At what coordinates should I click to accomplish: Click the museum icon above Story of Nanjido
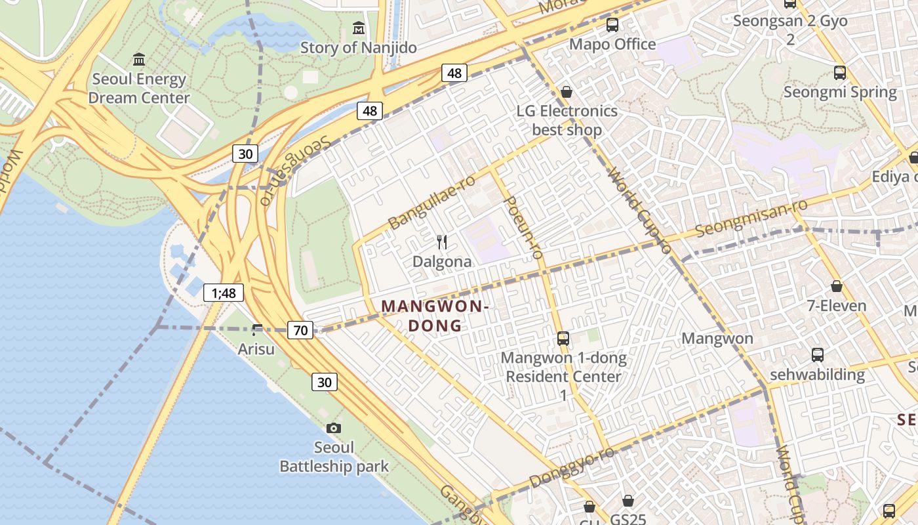click(x=359, y=28)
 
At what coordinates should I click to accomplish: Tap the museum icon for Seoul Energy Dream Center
click(x=139, y=60)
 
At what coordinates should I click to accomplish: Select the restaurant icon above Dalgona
click(x=442, y=242)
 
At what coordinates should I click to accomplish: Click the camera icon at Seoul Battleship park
click(x=334, y=428)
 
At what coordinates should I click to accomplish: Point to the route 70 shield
click(x=300, y=330)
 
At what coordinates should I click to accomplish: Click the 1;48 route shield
click(x=224, y=293)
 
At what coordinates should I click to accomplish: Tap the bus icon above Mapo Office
click(x=612, y=25)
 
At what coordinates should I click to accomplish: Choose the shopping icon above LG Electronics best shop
click(x=567, y=92)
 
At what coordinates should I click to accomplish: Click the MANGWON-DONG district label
click(x=435, y=316)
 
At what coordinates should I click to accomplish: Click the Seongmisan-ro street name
click(x=751, y=218)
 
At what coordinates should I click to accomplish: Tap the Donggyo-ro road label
click(x=572, y=467)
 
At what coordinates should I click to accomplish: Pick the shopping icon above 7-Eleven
click(x=837, y=286)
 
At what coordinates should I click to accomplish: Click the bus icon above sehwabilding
click(x=818, y=355)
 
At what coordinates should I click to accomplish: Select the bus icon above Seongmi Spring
click(x=840, y=73)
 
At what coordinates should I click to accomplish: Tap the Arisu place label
click(x=256, y=348)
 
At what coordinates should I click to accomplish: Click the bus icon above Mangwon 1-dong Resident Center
click(x=563, y=339)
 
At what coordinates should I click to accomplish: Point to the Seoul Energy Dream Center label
click(x=139, y=89)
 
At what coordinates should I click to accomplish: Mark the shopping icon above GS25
click(x=628, y=501)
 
